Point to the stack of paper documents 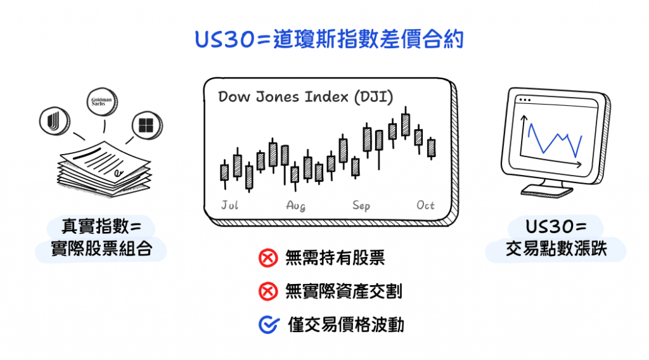105,169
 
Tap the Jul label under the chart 229,205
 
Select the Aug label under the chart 295,205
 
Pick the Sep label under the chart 361,205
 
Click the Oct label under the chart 425,205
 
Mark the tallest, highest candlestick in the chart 406,125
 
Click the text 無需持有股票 335,258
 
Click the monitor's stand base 546,190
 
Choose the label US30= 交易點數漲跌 556,238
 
